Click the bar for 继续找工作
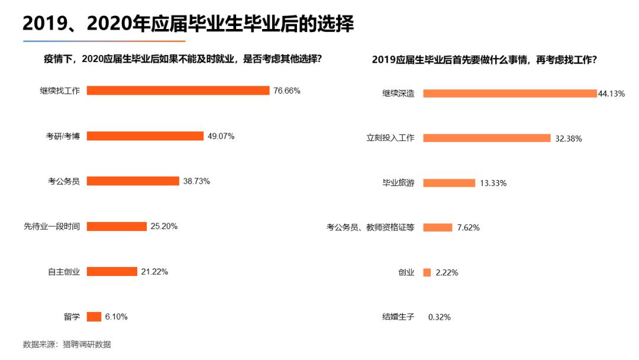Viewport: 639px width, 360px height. [x=177, y=91]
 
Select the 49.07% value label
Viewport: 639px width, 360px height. [x=221, y=136]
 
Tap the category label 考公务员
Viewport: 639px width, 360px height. [x=63, y=181]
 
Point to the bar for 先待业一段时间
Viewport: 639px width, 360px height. [x=117, y=226]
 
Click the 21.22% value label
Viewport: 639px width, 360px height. [x=154, y=272]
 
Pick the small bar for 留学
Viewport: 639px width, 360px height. [x=93, y=317]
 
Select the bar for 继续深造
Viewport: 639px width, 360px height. [x=509, y=94]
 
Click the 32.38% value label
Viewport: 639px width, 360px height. [x=568, y=139]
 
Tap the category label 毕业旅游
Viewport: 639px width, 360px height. [x=398, y=183]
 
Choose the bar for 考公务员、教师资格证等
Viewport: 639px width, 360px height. [x=437, y=227]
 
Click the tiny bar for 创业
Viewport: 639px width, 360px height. [x=427, y=272]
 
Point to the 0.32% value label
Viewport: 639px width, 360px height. [x=439, y=317]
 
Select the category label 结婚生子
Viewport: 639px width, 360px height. [x=398, y=317]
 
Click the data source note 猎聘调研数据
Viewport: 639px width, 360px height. [x=86, y=345]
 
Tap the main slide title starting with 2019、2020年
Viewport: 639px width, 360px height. [x=188, y=24]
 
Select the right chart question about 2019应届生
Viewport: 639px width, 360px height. [x=484, y=60]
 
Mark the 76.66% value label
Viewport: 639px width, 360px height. [x=286, y=91]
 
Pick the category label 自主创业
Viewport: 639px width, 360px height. [x=63, y=272]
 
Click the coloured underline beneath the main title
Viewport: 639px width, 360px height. [x=104, y=41]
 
